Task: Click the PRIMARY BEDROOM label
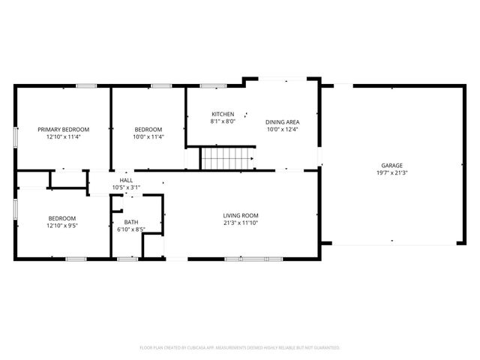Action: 64,129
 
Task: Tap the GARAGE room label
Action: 391,165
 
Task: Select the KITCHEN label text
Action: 223,114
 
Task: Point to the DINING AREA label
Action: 283,121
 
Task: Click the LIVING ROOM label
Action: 240,215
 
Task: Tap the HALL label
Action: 126,180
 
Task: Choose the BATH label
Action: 131,222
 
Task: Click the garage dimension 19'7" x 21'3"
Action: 391,172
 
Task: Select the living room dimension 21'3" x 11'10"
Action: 240,223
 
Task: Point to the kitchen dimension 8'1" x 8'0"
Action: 223,121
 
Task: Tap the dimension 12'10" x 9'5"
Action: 63,224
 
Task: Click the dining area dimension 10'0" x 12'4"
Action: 283,129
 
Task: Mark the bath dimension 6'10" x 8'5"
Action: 131,229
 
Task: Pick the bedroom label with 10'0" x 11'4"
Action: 149,129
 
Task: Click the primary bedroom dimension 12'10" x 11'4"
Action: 64,136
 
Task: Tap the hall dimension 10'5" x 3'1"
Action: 126,187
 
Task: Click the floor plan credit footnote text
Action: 240,348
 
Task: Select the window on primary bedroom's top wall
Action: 86,86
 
